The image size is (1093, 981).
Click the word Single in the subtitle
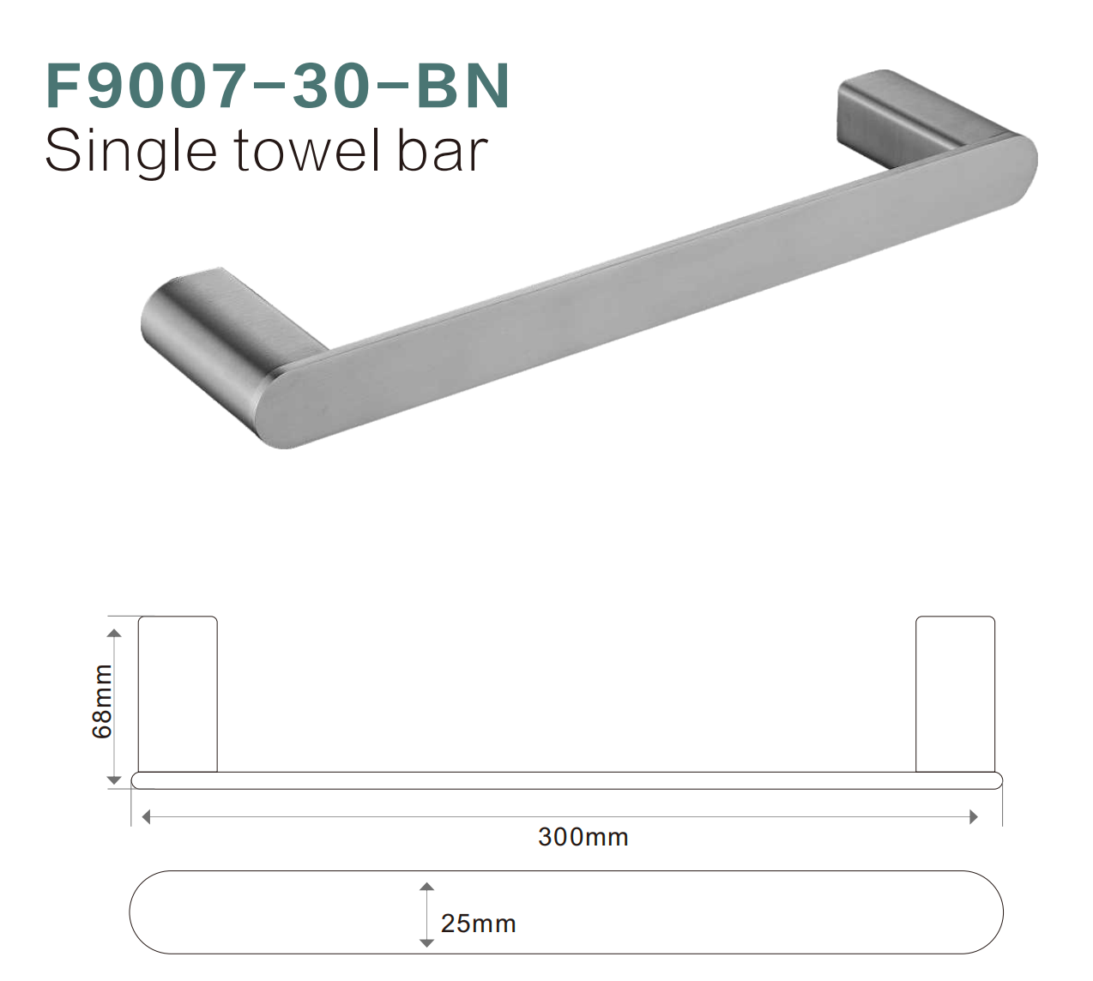coord(130,153)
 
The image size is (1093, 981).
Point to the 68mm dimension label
coord(102,701)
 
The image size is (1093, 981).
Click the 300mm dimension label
coord(583,837)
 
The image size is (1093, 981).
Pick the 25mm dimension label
coord(478,924)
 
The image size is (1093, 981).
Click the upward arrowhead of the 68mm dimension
coord(114,633)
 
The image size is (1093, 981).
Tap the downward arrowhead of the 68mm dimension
coord(114,779)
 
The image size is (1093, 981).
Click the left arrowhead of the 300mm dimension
coord(146,817)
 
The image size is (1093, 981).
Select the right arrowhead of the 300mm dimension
coord(973,817)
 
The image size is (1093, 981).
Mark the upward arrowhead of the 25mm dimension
coord(426,887)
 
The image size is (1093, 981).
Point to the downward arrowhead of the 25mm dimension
coord(426,942)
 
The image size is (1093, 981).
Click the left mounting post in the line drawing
coord(178,694)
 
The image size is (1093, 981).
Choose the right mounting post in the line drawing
coord(955,694)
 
